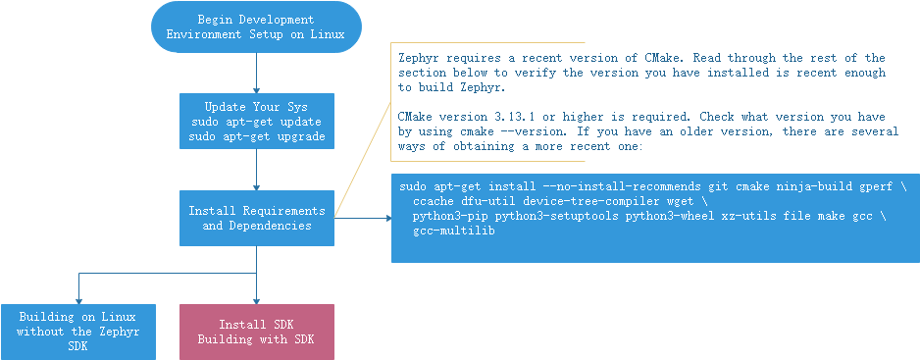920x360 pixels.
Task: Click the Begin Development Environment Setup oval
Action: (x=256, y=26)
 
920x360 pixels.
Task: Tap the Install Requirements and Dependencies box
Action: (x=256, y=218)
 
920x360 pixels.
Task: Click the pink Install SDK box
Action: (x=257, y=332)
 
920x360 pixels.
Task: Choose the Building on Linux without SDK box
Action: (x=77, y=332)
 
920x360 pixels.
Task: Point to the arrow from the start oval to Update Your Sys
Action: (x=256, y=73)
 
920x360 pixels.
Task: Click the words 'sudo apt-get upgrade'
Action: (x=256, y=136)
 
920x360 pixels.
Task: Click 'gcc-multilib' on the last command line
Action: (x=454, y=231)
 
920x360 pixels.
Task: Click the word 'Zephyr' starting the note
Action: (x=420, y=58)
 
